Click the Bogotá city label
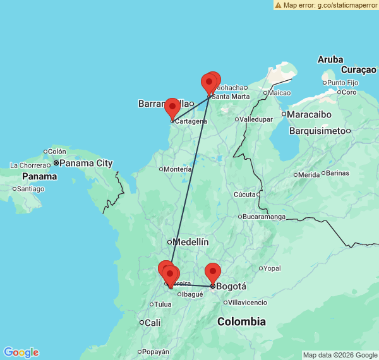coord(231,286)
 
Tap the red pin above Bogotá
coord(213,273)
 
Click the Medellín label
coord(191,242)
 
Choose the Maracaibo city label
coord(310,114)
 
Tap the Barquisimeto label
coord(319,131)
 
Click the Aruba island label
coord(330,59)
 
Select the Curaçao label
coord(358,69)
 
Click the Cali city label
coord(152,322)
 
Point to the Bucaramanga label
coord(265,217)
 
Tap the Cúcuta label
coord(246,195)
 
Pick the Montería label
coord(177,169)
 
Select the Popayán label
coord(156,351)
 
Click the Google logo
coord(20,352)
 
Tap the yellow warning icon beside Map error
coord(278,5)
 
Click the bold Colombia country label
coord(241,321)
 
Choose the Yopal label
coord(272,268)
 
